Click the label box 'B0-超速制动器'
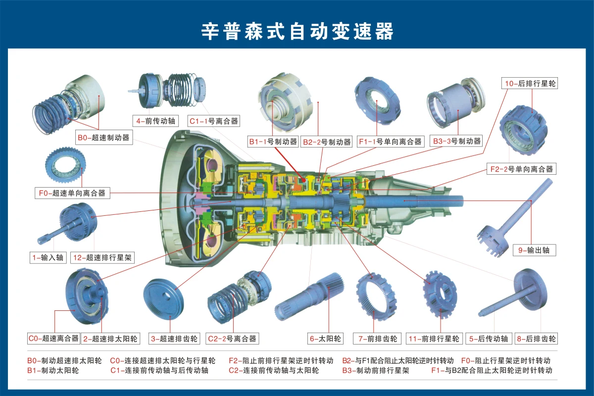(104, 138)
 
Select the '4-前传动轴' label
(155, 121)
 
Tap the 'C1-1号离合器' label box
(214, 121)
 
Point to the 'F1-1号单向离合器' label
(391, 142)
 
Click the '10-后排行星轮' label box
(530, 83)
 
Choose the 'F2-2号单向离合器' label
(521, 169)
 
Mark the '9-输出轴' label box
(534, 250)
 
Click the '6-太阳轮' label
(325, 339)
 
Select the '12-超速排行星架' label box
(102, 257)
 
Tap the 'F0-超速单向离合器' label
(72, 193)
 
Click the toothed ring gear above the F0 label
(65, 165)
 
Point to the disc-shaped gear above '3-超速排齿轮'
(163, 298)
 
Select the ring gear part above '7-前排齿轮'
(376, 297)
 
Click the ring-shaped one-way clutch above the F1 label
(378, 101)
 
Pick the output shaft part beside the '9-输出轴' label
(514, 218)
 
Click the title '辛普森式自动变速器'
(297, 31)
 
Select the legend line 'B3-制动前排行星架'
(376, 370)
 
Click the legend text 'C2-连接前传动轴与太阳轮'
(274, 370)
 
